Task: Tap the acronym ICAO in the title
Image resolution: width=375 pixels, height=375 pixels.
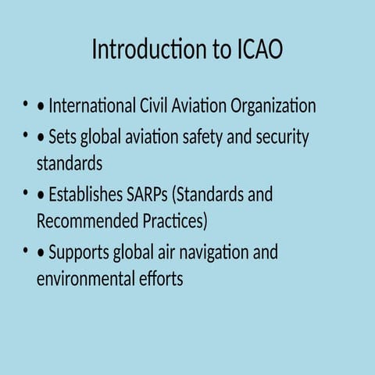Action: [x=259, y=50]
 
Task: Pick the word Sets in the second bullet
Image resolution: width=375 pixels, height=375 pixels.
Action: [x=62, y=137]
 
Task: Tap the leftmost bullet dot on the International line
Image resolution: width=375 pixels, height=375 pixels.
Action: [x=27, y=105]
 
